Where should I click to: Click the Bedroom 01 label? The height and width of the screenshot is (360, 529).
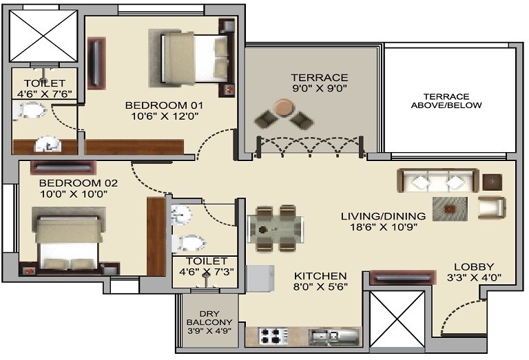click(156, 105)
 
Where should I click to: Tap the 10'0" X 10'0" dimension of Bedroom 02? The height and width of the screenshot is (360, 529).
click(74, 195)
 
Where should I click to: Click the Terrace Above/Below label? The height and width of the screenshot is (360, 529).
click(446, 100)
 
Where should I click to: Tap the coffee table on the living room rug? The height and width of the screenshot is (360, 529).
click(449, 207)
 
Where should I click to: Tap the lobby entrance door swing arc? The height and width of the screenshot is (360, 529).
click(455, 315)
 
